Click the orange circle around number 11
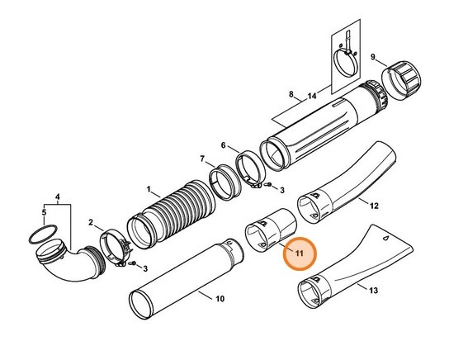coord(299,254)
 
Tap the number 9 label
coord(373,57)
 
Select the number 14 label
coord(311,97)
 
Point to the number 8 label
coord(291,97)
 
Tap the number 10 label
coord(220,299)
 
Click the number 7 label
coord(201,158)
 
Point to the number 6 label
coord(223,144)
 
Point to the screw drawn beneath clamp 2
coord(133,265)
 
